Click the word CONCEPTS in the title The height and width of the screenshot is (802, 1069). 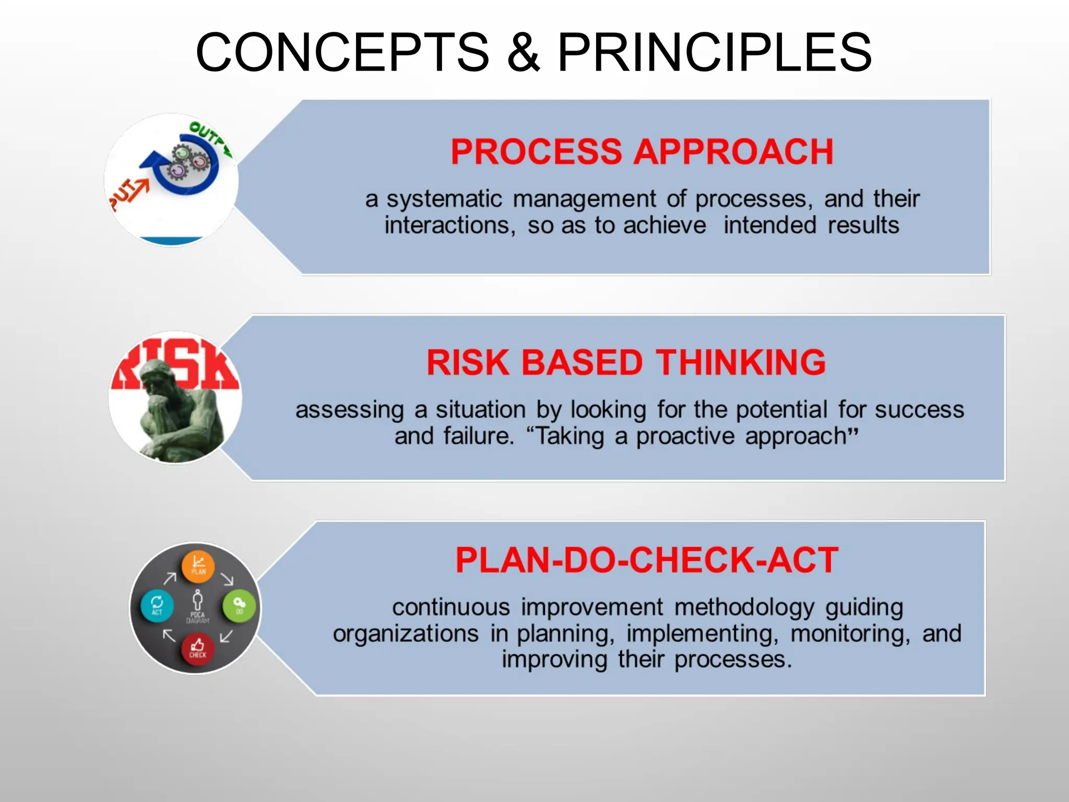342,52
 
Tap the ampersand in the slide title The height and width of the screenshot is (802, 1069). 524,52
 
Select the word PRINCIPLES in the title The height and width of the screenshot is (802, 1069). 715,52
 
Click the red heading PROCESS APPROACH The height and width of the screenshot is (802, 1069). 642,152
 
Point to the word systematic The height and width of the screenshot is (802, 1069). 444,199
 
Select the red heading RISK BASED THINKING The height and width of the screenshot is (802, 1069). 626,362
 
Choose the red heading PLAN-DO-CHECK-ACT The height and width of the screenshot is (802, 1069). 647,560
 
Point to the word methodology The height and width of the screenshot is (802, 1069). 744,608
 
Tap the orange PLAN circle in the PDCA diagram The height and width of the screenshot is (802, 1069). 198,566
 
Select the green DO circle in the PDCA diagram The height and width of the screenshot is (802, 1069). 239,605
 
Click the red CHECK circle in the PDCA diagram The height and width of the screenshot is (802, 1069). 197,648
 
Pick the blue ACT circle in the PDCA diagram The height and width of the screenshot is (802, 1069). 157,606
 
